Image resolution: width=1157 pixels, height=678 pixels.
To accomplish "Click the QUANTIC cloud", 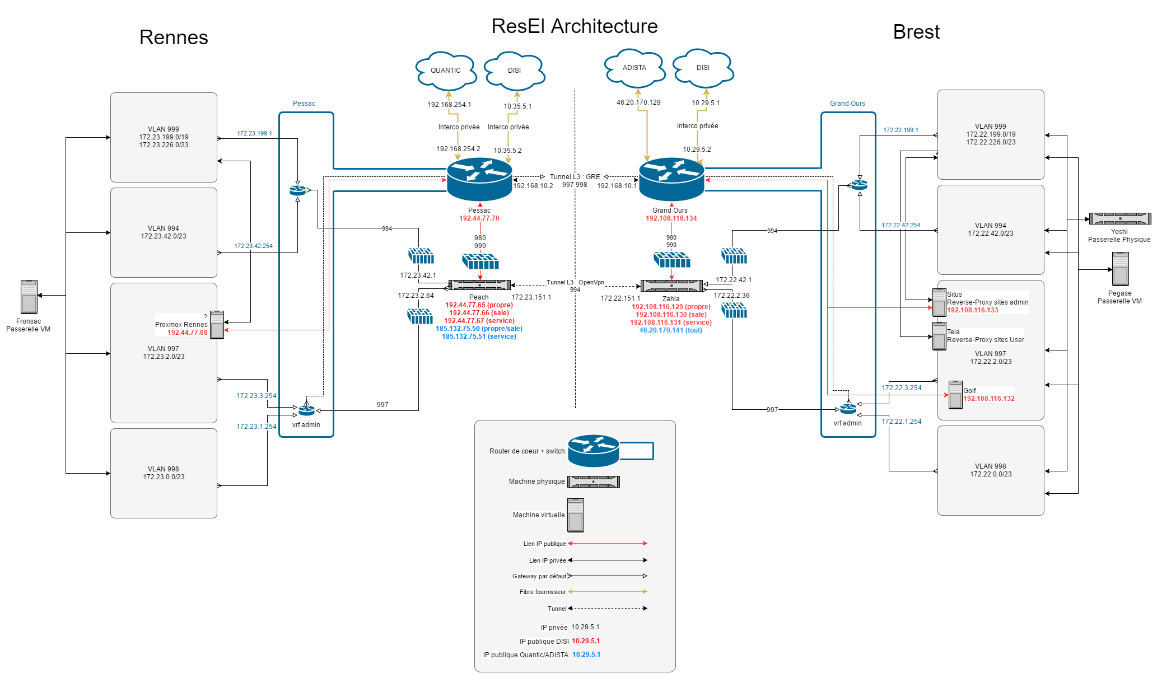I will (446, 71).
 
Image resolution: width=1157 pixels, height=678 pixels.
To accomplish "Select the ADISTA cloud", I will (635, 68).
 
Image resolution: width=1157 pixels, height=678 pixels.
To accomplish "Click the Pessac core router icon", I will (479, 179).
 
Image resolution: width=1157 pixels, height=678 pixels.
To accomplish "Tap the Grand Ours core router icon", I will (671, 179).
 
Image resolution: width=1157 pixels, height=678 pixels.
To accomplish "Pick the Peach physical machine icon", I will (479, 285).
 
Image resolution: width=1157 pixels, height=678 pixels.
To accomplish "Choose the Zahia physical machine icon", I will (671, 286).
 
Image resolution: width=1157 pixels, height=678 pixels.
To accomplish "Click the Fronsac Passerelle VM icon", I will (29, 297).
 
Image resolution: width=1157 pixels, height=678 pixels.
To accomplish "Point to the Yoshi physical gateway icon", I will (1119, 218).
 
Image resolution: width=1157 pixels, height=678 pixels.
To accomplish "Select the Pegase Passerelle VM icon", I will (1120, 269).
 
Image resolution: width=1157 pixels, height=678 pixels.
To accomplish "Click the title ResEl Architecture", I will (575, 26).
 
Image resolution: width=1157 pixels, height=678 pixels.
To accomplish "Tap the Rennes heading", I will (174, 38).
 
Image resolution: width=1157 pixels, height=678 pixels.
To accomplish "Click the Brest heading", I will (916, 32).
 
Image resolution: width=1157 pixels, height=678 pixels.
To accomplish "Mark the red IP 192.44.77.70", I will (479, 218).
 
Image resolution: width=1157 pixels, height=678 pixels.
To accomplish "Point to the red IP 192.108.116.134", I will (671, 218).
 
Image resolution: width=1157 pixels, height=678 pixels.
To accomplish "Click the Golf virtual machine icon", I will (955, 395).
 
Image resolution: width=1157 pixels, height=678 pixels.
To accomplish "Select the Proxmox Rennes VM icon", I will (217, 325).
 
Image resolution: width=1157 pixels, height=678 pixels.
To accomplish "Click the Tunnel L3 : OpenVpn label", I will (575, 282).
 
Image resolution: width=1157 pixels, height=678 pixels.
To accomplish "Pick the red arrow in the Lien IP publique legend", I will (608, 543).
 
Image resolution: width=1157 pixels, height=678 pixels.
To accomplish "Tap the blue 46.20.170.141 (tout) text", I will (671, 330).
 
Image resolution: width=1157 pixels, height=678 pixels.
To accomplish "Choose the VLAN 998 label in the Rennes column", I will (164, 469).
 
